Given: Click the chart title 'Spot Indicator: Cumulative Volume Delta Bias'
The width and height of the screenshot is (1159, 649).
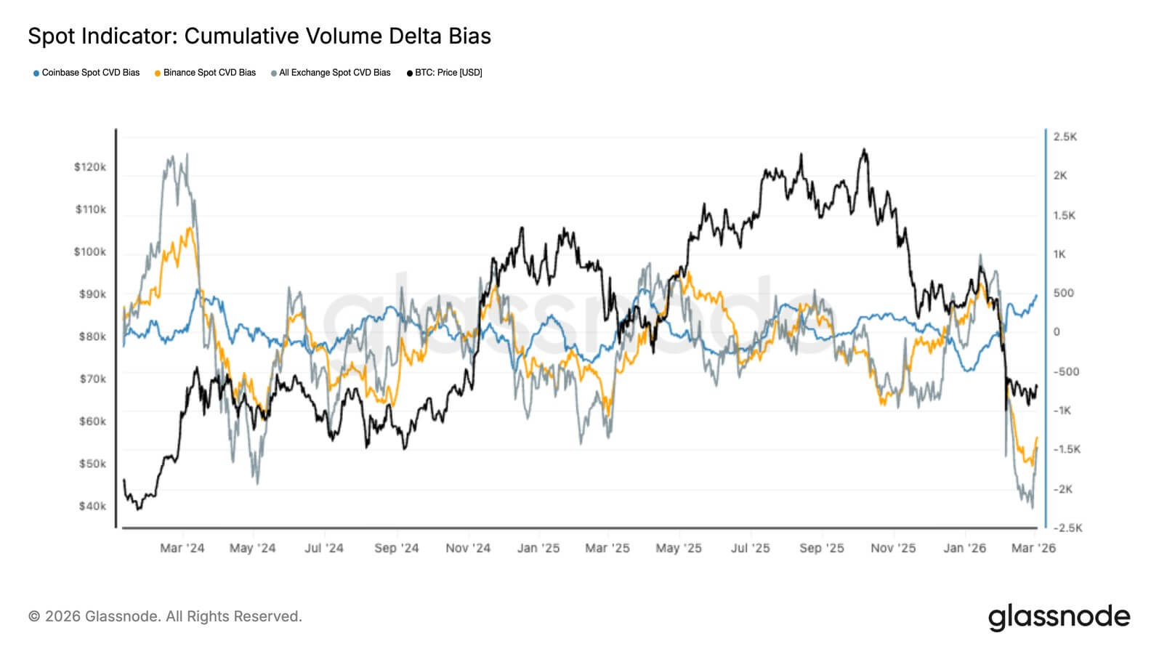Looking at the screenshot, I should [x=259, y=36].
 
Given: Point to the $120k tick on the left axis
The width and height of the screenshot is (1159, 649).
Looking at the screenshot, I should [x=90, y=167].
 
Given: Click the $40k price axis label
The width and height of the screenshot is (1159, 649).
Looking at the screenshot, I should [x=92, y=507].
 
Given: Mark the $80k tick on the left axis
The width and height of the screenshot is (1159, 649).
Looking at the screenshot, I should [x=92, y=336].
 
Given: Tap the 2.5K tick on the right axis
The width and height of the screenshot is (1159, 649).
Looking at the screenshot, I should [x=1065, y=137].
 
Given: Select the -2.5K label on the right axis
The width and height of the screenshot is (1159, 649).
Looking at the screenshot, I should [x=1068, y=528].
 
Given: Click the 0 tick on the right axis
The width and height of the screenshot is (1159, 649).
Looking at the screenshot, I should [x=1057, y=332].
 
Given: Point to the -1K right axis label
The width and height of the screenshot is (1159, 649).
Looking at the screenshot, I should [x=1062, y=411].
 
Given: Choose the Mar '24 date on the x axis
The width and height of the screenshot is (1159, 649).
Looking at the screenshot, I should [x=182, y=548].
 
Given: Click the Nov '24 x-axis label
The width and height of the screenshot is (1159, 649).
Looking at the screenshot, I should [x=468, y=548].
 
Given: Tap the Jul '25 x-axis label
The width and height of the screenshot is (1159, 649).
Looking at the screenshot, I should [x=750, y=548].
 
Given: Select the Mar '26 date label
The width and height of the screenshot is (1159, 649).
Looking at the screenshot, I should [x=1033, y=548].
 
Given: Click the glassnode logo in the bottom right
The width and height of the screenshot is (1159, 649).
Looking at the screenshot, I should [x=1059, y=617].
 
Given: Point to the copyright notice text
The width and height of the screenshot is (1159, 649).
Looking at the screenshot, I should [x=165, y=616].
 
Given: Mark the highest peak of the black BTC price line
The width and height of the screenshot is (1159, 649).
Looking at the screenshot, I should [x=863, y=150].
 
